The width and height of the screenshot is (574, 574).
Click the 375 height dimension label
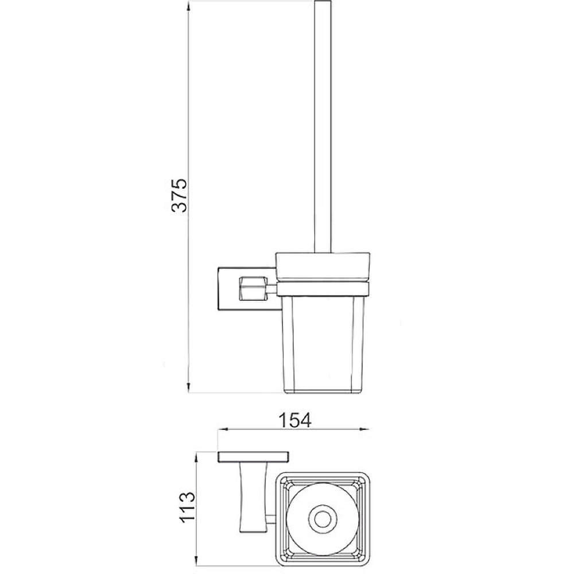pos(179,195)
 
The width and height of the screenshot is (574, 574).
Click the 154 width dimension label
pos(296,420)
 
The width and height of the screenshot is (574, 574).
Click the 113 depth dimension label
pos(188,507)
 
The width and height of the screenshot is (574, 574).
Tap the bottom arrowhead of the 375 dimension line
pos(188,387)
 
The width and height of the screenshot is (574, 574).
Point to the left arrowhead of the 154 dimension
pos(223,429)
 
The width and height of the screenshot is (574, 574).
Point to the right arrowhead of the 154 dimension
pos(364,429)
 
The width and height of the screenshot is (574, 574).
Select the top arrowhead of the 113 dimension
pos(197,456)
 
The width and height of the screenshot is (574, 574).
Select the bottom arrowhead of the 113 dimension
pos(197,568)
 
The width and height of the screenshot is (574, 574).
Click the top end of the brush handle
pos(323,1)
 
